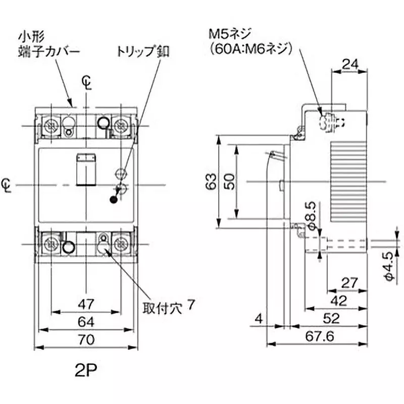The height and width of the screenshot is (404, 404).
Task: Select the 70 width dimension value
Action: tap(86, 340)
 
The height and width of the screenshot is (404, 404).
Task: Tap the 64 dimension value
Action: tap(86, 322)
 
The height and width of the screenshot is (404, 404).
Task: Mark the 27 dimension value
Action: tap(349, 282)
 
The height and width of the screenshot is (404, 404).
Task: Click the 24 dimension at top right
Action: tap(349, 63)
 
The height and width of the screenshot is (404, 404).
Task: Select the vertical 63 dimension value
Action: tap(213, 181)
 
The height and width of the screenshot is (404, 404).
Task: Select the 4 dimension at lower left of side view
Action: tap(259, 318)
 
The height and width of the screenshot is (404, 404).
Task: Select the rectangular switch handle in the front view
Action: tap(85, 169)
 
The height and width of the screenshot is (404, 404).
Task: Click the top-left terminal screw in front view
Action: tap(50, 124)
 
